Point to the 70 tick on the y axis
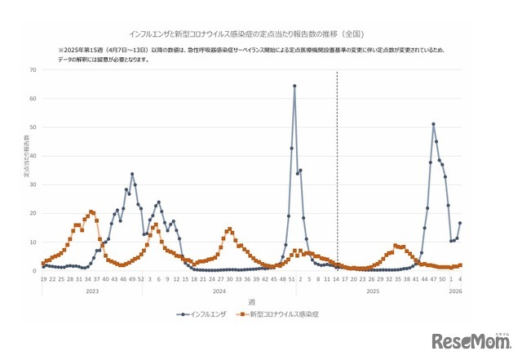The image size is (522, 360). pos(33,70)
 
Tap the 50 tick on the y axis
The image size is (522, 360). pos(33,127)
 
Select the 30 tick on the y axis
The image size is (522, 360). pos(33,184)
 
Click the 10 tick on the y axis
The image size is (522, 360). pos(33,242)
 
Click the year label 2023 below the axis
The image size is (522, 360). pos(91,291)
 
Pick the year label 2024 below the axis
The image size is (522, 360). pos(218,291)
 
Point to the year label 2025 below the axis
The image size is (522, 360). pos(371,291)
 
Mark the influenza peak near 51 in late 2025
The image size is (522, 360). pos(433,124)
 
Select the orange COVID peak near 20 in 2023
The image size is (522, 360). pos(91,211)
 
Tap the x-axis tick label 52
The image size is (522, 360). pos(141,279)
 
